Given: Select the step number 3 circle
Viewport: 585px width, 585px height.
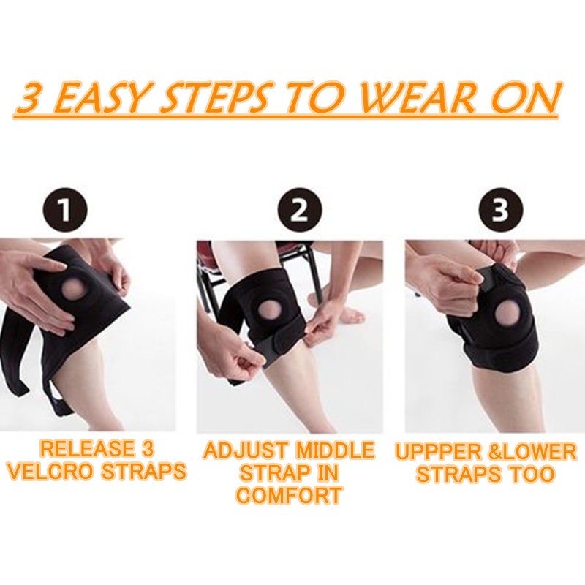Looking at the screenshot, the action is tap(501, 210).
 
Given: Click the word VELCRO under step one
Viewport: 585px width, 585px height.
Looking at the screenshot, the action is tap(50, 471).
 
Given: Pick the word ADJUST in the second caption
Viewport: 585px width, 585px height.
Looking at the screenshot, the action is tap(246, 450).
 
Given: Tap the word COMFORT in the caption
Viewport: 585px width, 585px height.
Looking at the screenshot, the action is tap(288, 496).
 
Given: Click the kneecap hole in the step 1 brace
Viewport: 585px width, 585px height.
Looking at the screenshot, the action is tap(72, 290).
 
